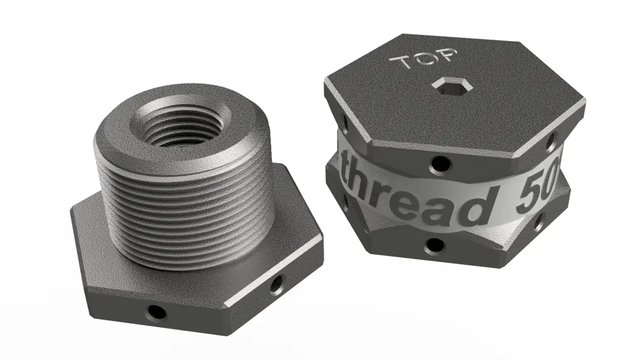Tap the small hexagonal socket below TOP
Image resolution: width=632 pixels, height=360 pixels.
(x=451, y=85)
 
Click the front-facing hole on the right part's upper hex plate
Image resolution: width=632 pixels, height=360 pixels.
(x=439, y=164)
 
